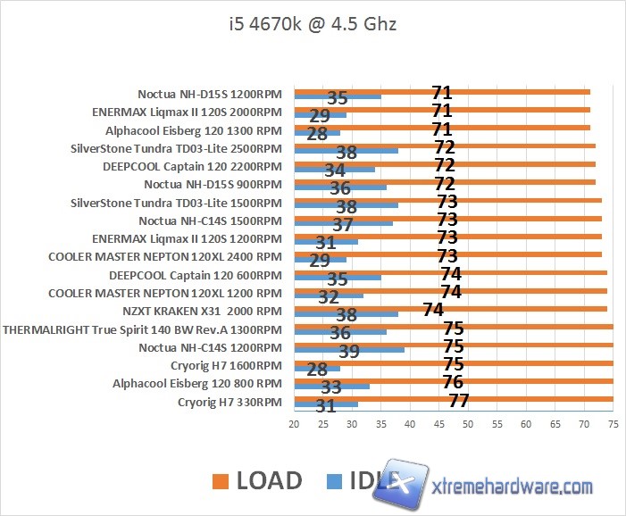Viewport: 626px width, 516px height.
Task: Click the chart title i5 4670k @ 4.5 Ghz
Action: pos(312,24)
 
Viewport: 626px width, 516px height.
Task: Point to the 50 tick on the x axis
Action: pos(468,426)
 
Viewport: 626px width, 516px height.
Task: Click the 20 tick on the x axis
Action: pos(294,426)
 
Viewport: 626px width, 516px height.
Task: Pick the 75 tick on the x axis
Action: pos(613,426)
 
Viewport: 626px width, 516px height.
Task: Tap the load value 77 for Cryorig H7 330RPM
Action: pos(459,401)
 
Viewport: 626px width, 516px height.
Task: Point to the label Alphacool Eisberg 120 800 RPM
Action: pos(197,384)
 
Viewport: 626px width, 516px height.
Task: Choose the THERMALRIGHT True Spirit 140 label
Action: pos(142,329)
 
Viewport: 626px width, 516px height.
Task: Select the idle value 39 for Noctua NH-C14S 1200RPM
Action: pos(348,351)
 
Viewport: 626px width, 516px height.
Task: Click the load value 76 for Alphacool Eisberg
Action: pos(453,382)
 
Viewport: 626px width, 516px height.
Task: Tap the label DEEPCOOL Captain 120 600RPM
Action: pos(196,274)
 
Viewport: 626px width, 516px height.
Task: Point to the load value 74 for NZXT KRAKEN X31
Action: pos(433,310)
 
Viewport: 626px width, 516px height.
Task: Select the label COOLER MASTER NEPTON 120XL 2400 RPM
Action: pos(165,256)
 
